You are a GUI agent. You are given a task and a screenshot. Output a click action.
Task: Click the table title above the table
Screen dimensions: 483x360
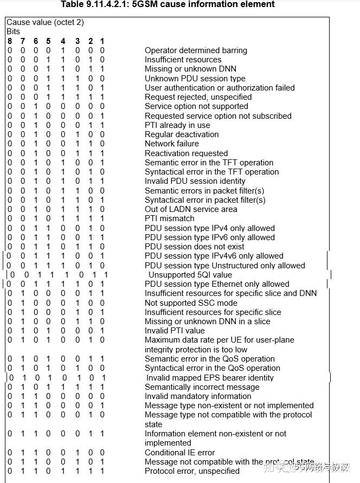point(168,4)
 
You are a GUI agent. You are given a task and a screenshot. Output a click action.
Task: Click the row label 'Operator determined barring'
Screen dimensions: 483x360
point(196,50)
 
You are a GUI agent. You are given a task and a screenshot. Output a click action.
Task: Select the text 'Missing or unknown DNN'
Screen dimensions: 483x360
point(190,69)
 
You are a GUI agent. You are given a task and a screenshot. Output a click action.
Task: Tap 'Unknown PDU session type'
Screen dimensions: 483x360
point(195,79)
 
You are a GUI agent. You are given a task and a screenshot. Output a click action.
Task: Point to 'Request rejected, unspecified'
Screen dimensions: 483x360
point(198,97)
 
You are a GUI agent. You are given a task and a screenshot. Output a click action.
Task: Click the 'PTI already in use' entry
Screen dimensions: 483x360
point(177,125)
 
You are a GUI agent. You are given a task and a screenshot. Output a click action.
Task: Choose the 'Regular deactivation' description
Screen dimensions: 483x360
point(182,134)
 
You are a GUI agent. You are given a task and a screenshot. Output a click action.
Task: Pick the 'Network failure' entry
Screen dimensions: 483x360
point(171,144)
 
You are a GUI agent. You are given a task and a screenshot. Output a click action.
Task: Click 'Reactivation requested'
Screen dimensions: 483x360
point(186,153)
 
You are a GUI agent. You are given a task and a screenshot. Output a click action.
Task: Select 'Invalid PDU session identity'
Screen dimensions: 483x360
point(195,181)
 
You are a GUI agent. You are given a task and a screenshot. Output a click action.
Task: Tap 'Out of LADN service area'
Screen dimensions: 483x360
point(190,209)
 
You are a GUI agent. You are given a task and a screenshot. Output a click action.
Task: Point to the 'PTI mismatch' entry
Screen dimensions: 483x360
point(169,218)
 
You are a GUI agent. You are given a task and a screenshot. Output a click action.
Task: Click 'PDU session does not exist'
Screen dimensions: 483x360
point(194,247)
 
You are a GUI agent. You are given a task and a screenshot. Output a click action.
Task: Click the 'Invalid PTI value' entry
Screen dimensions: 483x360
point(175,331)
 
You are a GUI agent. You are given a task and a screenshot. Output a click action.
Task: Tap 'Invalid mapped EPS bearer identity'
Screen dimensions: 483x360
point(210,378)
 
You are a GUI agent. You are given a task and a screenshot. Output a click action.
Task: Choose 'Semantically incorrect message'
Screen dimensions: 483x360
point(202,387)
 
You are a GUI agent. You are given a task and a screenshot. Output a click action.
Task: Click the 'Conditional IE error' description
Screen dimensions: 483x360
point(179,453)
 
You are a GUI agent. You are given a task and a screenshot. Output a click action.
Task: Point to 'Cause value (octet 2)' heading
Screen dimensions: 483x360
point(45,22)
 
